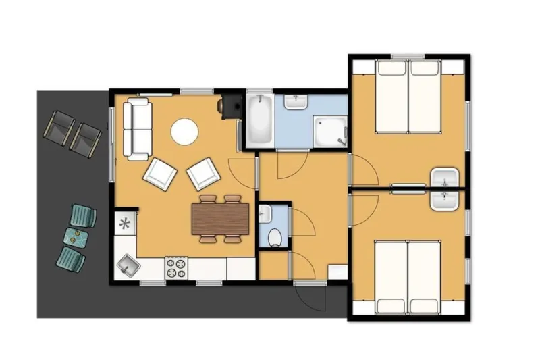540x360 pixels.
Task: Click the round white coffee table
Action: pos(184,132)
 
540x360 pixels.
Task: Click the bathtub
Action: pos(259,120)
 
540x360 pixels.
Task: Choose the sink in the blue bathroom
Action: pos(296,103)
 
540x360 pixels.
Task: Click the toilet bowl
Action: pos(274,238)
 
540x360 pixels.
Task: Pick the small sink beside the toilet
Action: pos(265,215)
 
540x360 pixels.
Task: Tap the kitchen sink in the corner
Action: pos(128,267)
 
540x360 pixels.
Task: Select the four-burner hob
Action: pos(176,267)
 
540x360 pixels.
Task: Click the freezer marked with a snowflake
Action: pos(125,224)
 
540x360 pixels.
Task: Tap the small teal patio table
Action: pos(76,236)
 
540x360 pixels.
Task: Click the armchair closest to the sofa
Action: pos(160,174)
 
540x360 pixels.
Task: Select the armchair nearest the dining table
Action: pos(203,174)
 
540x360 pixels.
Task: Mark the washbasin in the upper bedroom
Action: pos(445,178)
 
